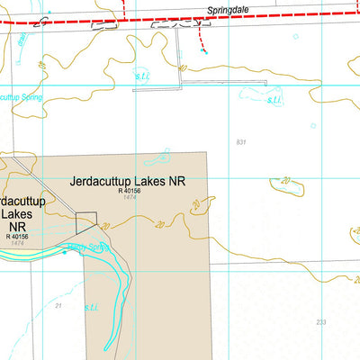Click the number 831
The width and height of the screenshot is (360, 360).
(x=240, y=142)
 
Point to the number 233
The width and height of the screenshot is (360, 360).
(x=321, y=322)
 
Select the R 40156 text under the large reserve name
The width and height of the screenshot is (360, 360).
(x=130, y=191)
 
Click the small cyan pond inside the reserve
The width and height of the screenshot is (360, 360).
(x=158, y=157)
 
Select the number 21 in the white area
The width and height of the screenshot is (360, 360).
(x=58, y=307)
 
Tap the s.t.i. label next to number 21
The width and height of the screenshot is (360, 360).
(x=92, y=307)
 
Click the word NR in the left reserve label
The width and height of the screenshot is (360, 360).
(x=15, y=229)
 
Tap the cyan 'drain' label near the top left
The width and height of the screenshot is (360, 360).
(x=20, y=40)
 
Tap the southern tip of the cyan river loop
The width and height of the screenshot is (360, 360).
(x=107, y=347)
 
